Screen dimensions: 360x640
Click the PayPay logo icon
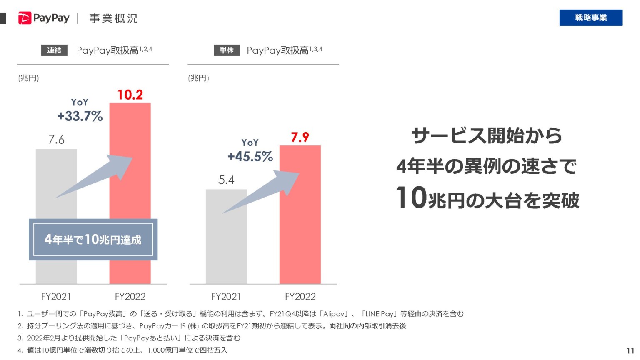(25, 18)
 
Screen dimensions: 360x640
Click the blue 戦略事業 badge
(590, 17)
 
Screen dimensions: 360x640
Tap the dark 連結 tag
(54, 50)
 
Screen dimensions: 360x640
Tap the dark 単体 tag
(227, 50)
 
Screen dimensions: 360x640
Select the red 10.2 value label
(130, 95)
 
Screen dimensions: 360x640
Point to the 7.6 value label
(56, 140)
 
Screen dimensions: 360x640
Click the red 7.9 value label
(300, 137)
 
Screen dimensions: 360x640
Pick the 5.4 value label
(226, 180)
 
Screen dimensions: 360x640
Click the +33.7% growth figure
(80, 116)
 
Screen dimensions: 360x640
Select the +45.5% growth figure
(250, 157)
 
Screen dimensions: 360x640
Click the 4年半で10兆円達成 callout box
(93, 240)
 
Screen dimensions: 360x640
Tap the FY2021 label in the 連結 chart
(56, 297)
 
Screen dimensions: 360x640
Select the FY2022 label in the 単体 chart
(300, 297)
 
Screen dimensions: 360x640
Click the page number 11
(630, 351)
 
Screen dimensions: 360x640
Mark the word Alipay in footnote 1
(334, 314)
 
